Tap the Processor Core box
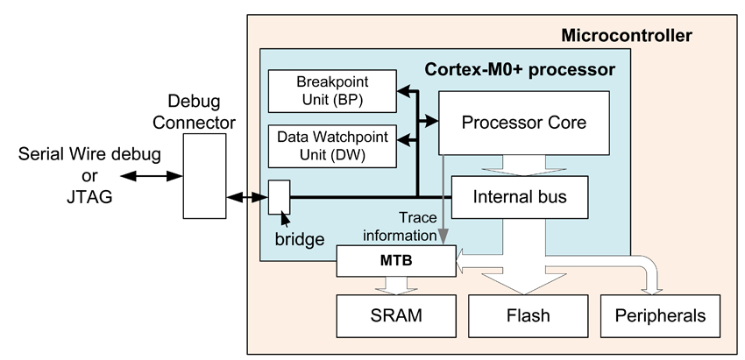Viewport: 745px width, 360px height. click(524, 122)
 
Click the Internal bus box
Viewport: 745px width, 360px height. click(520, 197)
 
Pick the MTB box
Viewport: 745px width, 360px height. click(396, 259)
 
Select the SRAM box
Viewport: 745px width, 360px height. click(396, 315)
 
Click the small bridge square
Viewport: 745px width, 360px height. click(278, 197)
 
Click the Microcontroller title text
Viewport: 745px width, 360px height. click(626, 36)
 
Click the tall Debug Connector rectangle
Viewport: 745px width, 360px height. click(204, 175)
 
